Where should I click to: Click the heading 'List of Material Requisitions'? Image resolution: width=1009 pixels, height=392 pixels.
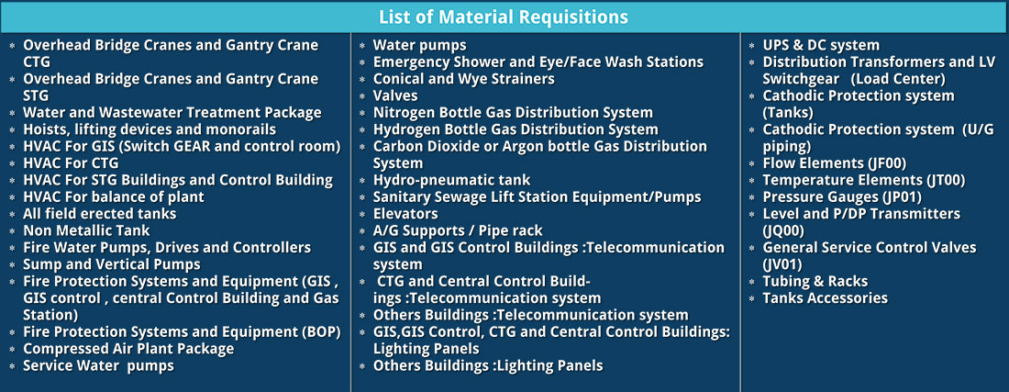coord(504,17)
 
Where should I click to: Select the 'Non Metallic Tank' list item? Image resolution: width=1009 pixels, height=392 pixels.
coord(86,230)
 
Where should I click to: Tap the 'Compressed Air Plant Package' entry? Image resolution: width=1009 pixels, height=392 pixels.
coord(128,349)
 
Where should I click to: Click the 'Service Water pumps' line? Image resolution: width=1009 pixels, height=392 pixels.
coord(98,365)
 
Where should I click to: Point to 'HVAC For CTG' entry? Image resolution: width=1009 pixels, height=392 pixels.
coord(71,163)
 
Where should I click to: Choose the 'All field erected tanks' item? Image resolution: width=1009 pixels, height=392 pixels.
coord(100,214)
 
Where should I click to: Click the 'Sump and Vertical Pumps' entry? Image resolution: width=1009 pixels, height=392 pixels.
coord(112,264)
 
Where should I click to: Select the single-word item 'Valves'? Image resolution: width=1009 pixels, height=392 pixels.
coord(395,95)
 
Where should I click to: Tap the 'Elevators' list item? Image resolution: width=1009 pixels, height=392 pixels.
coord(405,214)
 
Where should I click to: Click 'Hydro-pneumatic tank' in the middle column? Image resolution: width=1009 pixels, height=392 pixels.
coord(451,180)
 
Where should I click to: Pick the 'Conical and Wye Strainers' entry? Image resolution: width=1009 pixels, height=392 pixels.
coord(464,79)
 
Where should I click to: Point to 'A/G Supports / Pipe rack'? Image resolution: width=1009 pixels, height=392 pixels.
coord(458,230)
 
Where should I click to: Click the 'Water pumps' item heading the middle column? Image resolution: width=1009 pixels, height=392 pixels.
coord(419,46)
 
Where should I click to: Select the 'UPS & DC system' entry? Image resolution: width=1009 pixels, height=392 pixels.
coord(820,46)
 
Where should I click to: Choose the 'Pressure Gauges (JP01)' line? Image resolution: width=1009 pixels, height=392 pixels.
coord(842,197)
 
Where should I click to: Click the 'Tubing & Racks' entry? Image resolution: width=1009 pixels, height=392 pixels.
coord(815,281)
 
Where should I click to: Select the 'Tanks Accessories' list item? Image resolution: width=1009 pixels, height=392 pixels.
coord(825,298)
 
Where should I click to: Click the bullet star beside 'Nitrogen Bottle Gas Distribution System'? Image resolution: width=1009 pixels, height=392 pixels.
coord(362,113)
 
